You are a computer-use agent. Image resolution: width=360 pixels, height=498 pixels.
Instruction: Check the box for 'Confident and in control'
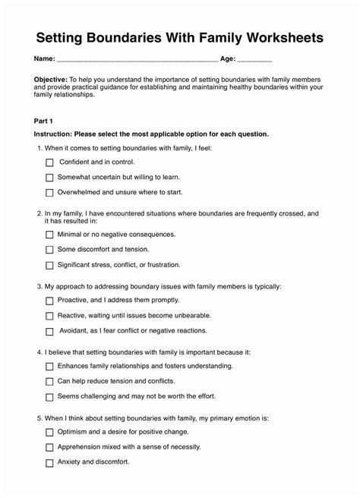click(49, 162)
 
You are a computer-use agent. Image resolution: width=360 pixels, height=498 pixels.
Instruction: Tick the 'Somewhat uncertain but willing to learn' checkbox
click(49, 178)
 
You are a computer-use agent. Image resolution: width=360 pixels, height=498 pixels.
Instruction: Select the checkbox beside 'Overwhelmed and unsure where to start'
click(49, 193)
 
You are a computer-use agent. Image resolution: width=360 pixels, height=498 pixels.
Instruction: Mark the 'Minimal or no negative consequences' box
click(49, 235)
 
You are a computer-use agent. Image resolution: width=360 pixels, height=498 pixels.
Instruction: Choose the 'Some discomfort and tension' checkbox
click(49, 250)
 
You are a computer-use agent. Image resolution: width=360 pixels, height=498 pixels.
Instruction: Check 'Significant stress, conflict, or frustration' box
click(49, 266)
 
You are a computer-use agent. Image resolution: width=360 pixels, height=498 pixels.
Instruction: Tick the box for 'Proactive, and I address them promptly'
click(49, 301)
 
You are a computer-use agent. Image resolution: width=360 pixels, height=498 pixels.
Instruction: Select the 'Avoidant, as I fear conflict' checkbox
click(49, 332)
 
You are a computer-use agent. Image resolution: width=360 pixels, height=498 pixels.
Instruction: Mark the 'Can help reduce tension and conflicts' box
click(49, 382)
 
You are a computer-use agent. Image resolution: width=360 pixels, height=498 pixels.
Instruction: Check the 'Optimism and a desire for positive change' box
click(49, 432)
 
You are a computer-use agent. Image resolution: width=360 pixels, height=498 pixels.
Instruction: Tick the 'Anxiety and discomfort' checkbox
click(49, 462)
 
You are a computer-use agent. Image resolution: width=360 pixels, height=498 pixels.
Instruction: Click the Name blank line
click(137, 58)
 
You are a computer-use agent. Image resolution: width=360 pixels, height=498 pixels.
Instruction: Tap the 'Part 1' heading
click(44, 120)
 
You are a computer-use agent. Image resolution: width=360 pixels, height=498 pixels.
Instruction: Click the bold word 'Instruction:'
click(53, 134)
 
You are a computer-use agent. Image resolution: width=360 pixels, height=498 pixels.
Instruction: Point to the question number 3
click(39, 287)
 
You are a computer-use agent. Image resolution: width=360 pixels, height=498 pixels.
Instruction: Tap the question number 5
click(39, 418)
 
